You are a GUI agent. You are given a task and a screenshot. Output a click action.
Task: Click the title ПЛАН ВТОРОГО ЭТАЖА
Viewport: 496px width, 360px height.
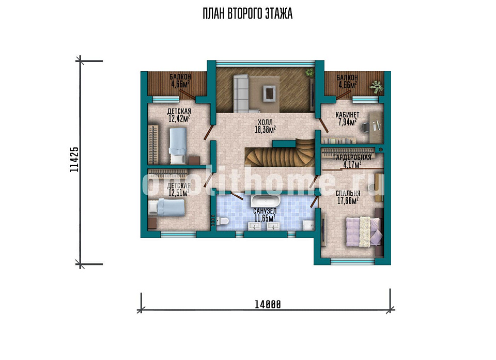pos(247,14)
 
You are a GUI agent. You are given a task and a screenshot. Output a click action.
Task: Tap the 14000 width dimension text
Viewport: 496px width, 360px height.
pos(268,304)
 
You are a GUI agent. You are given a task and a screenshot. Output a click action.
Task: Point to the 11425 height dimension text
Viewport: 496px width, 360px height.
pos(74,160)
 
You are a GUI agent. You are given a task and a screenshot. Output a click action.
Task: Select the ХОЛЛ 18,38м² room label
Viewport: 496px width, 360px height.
pos(265,126)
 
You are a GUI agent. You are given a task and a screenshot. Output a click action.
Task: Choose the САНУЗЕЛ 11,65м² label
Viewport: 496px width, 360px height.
pos(265,214)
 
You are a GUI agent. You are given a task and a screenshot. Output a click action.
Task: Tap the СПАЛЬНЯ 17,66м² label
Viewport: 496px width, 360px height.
pos(348,197)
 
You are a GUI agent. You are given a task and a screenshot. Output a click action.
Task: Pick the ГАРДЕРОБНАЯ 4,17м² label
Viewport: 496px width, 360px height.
pos(352,161)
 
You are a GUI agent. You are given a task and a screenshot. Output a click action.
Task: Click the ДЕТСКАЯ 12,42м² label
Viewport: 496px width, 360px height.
pos(179,115)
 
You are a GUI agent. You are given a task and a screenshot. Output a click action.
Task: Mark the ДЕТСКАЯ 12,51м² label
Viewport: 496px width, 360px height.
pos(179,190)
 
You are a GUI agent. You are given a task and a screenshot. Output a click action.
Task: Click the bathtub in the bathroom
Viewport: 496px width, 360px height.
pos(266,200)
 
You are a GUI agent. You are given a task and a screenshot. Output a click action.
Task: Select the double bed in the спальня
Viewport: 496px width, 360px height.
pos(364,231)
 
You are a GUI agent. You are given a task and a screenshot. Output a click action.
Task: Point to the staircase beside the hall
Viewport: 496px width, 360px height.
pos(280,153)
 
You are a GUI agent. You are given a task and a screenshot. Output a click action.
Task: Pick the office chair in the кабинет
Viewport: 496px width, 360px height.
pos(366,127)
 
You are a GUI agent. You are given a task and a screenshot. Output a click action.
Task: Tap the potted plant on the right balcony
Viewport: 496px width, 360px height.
pos(376,86)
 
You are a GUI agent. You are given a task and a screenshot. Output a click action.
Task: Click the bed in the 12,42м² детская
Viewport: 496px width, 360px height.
pos(178,146)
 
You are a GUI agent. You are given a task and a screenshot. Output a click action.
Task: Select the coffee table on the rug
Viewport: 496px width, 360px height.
pos(270,93)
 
